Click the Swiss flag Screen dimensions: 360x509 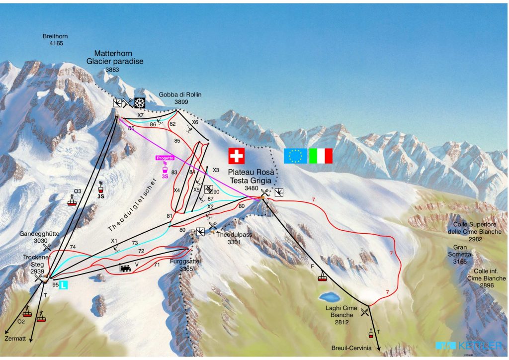[x=237, y=156]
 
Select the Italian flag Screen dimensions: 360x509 [x=321, y=156]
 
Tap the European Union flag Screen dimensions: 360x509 [x=295, y=156]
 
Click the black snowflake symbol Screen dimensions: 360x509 [x=140, y=103]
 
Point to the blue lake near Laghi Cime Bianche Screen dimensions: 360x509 [x=328, y=298]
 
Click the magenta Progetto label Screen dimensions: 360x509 [x=165, y=158]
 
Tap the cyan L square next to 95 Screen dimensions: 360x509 [x=65, y=285]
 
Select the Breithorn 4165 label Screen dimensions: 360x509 [x=55, y=40]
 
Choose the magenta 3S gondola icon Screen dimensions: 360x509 [x=165, y=168]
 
